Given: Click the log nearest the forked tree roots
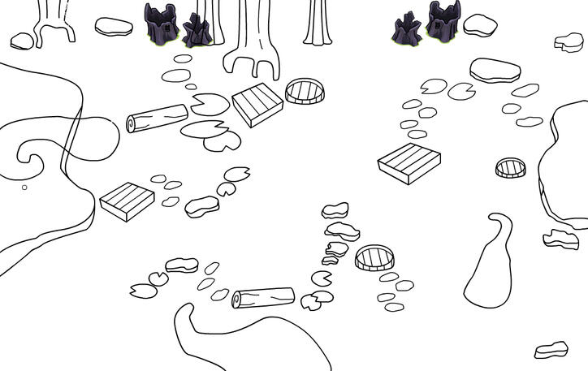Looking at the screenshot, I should [x=158, y=119].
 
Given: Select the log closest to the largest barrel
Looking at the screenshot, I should [x=263, y=298].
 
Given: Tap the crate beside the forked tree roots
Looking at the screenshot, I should [x=257, y=105].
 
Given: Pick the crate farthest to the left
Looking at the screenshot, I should [x=127, y=201].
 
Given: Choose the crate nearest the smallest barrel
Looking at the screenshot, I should [x=409, y=162].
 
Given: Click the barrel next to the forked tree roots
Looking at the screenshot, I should [x=305, y=91].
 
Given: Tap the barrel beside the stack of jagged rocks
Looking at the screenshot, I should [x=374, y=259].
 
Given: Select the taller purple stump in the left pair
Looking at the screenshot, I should [x=162, y=22].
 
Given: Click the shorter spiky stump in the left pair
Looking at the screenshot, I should [x=196, y=32].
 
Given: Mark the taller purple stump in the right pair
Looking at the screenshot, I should [x=443, y=22].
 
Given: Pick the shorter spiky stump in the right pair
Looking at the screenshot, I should [x=406, y=31].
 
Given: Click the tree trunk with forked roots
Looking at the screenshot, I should [x=251, y=37].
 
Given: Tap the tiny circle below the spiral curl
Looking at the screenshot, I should [x=24, y=188].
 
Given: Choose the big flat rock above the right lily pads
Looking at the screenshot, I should [x=495, y=70].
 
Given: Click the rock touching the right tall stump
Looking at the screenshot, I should [x=479, y=25].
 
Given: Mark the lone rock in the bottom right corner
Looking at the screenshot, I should [x=551, y=349].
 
